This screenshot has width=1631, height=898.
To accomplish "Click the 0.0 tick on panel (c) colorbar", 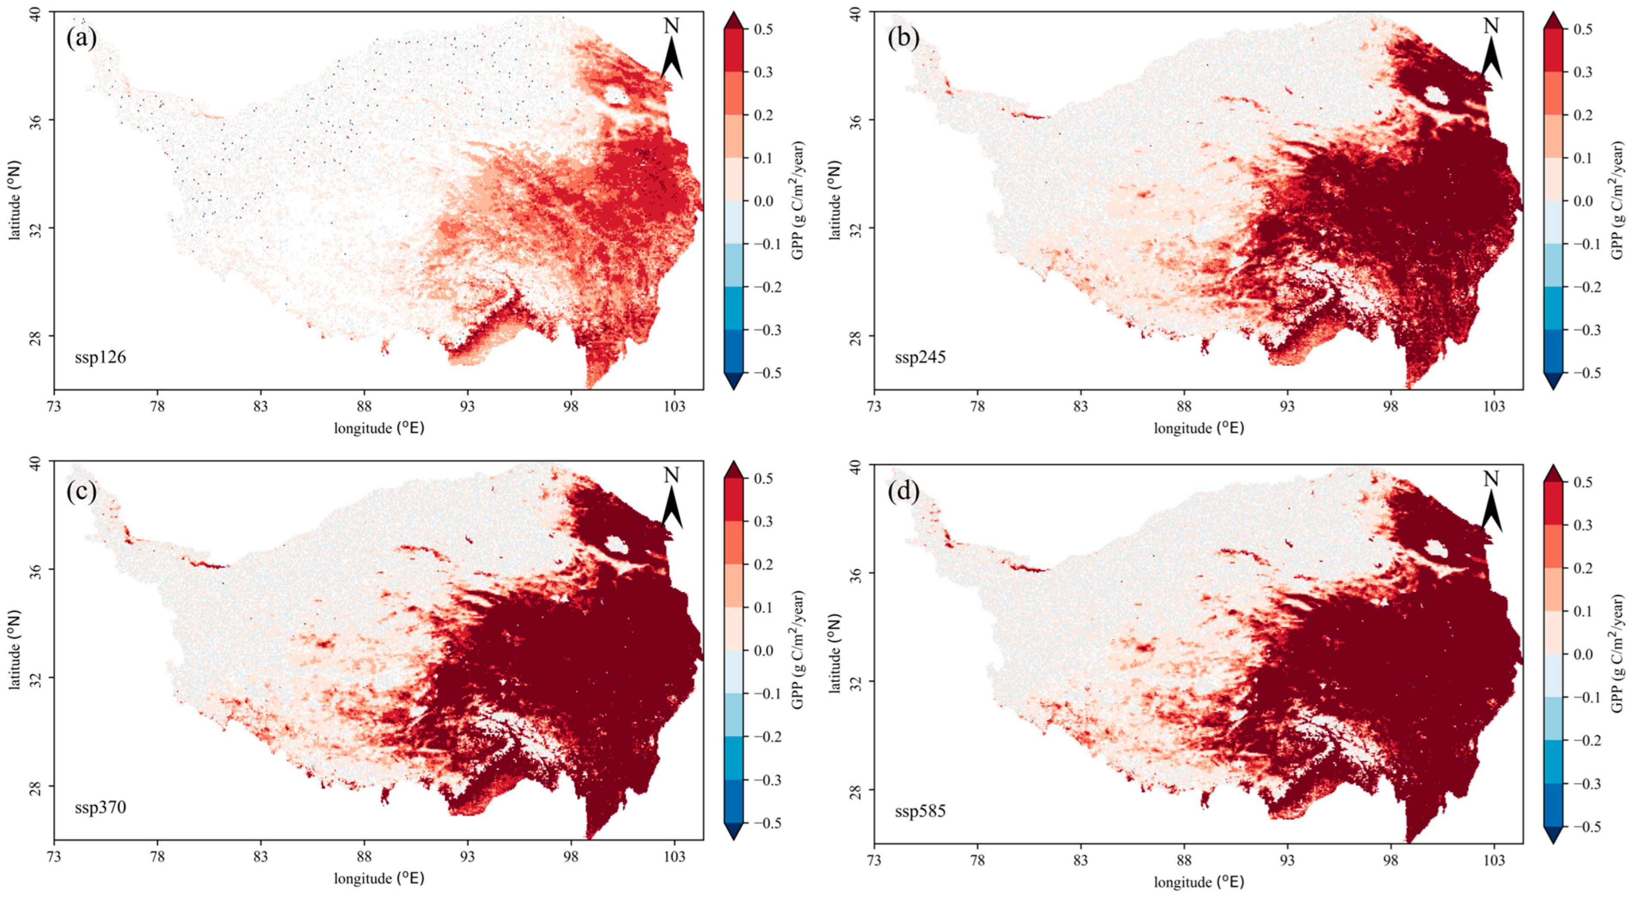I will point(764,650).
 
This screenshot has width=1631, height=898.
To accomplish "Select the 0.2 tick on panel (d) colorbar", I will point(1583,568).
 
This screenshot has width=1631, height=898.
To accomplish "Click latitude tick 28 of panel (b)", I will point(855,336).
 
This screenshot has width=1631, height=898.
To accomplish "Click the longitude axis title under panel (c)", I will point(378,878).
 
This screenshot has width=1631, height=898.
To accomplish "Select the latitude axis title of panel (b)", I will point(835,200).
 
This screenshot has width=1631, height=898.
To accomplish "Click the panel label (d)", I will point(903,492).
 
